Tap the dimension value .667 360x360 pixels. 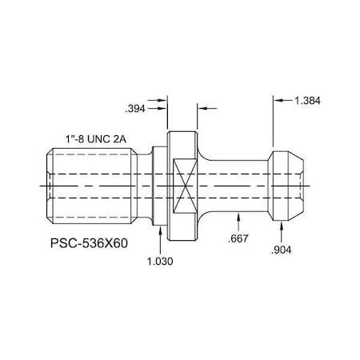(x=238, y=239)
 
